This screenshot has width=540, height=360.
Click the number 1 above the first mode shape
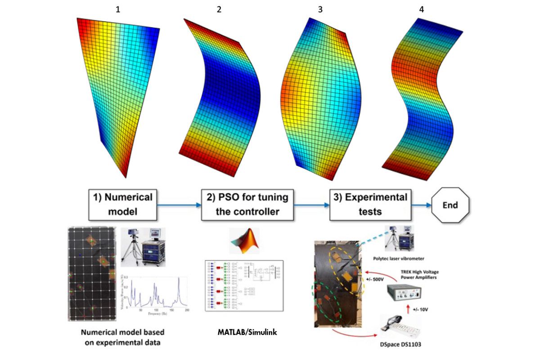tap(118, 9)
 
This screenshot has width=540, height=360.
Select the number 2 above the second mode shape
tap(219, 9)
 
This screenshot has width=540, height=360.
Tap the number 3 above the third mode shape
tap(320, 9)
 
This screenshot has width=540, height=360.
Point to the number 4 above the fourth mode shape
tap(421, 9)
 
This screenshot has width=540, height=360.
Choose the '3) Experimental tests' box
tap(370, 205)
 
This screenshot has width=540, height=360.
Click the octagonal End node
tap(450, 205)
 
